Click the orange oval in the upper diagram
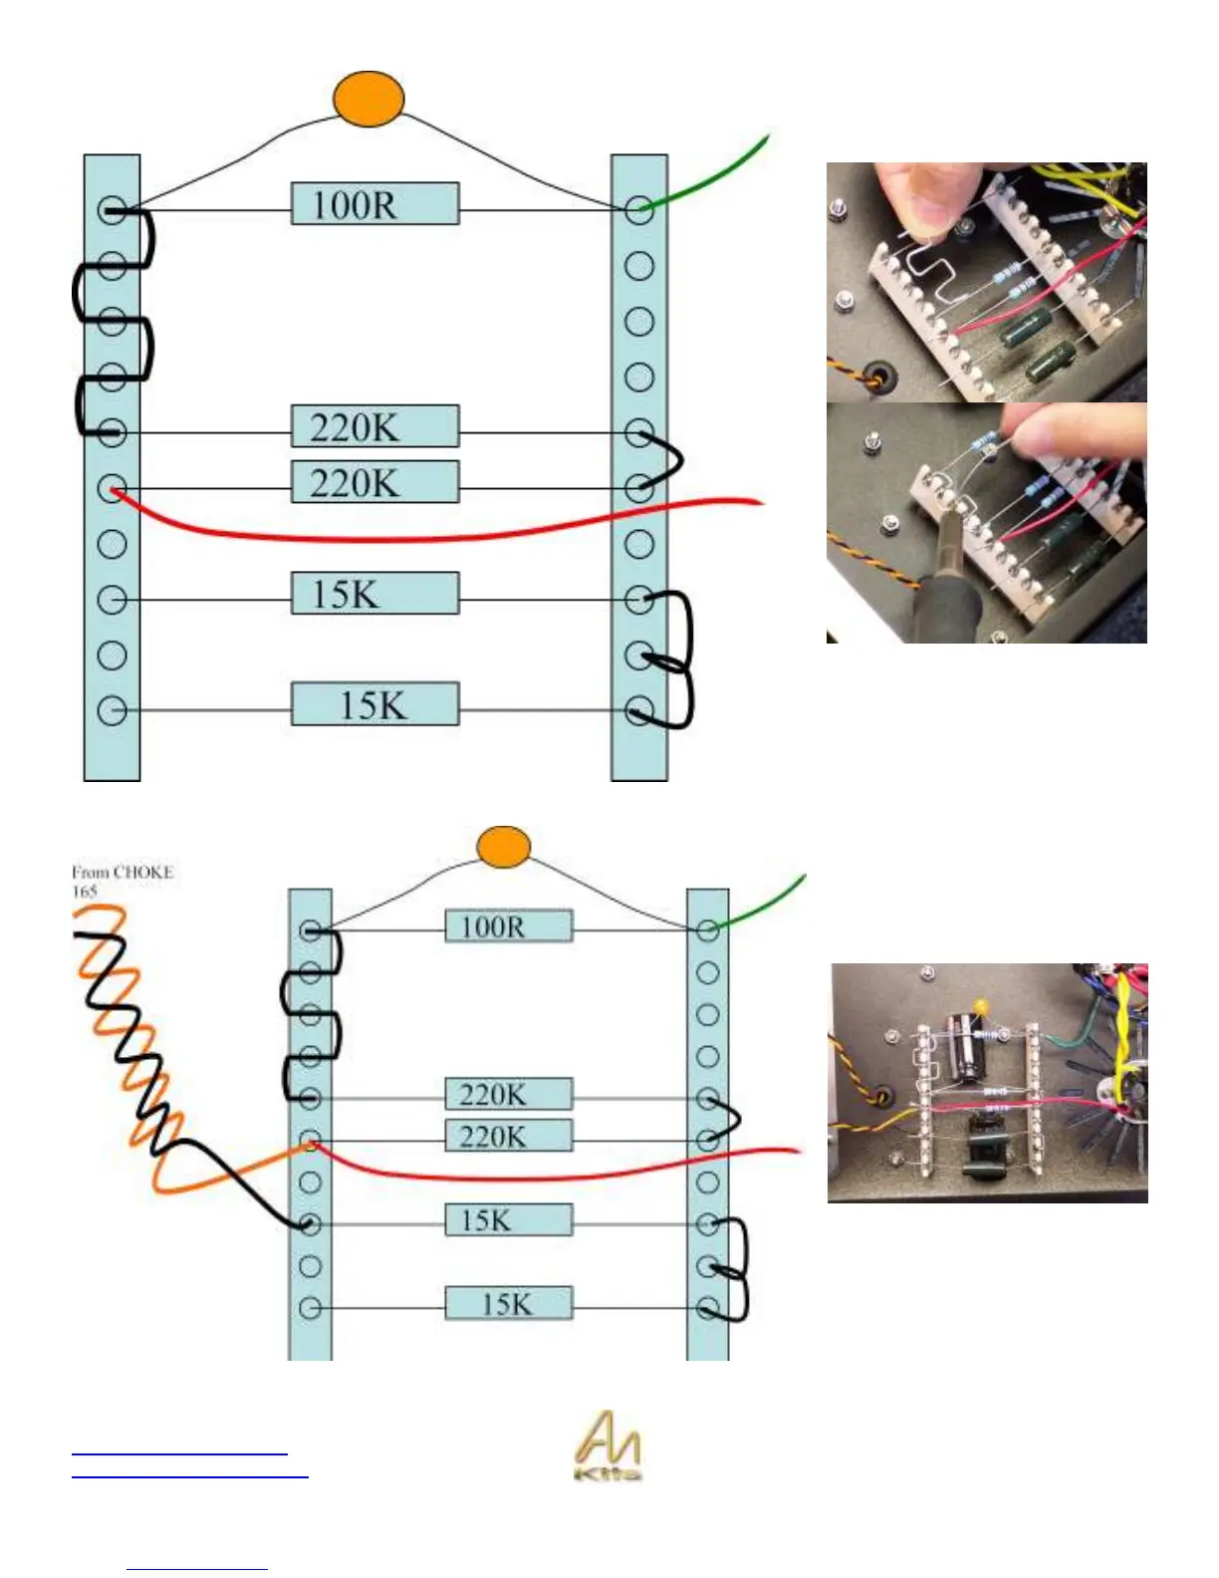[367, 99]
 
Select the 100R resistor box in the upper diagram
[374, 203]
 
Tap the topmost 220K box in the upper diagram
[374, 426]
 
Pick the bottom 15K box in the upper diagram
[374, 704]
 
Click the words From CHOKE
[122, 873]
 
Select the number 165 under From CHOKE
[85, 892]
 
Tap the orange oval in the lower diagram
[503, 847]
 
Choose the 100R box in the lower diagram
[508, 926]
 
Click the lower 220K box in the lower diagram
[508, 1137]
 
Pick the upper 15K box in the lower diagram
[508, 1220]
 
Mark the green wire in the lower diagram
[767, 902]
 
